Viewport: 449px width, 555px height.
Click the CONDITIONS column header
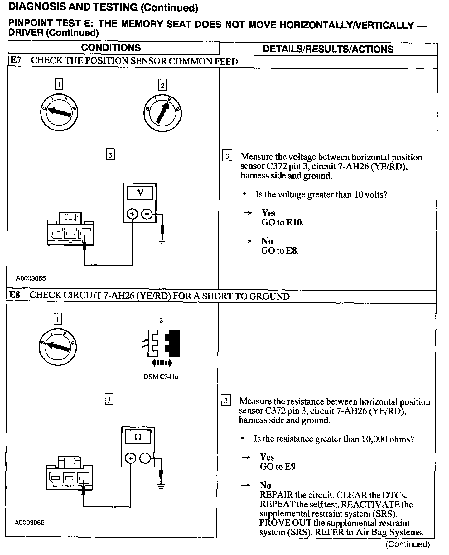point(111,48)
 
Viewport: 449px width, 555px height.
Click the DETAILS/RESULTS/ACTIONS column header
point(328,49)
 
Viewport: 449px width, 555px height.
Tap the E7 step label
point(16,60)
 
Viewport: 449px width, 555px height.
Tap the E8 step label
point(15,295)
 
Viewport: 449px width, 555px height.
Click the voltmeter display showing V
point(140,193)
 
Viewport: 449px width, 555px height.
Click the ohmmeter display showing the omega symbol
point(138,437)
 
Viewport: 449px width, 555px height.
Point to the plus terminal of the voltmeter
point(132,214)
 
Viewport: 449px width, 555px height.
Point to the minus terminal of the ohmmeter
point(145,458)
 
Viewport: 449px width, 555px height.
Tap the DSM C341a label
point(161,377)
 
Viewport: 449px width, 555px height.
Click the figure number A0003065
point(31,278)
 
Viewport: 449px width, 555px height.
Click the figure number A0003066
point(30,523)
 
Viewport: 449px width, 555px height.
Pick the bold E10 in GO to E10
point(294,222)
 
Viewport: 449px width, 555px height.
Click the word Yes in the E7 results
point(268,213)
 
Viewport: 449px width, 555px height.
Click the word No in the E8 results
point(265,485)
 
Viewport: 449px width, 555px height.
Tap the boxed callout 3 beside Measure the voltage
point(227,156)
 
